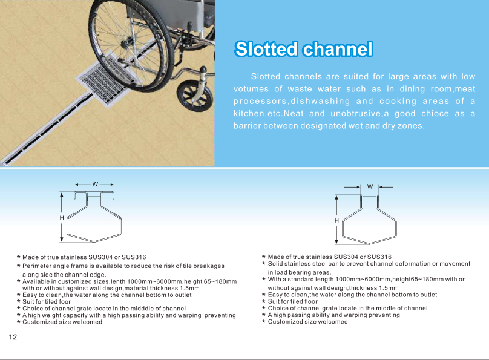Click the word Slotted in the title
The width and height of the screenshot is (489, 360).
[266, 49]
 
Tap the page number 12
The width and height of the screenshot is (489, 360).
[13, 337]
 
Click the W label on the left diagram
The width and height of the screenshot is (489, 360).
[95, 184]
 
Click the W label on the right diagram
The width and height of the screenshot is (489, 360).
[370, 186]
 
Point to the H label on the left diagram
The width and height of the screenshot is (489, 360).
[62, 218]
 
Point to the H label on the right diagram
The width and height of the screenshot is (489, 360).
[336, 220]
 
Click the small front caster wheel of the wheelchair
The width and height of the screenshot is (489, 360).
[194, 95]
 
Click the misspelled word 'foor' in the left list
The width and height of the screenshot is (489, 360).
[65, 302]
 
